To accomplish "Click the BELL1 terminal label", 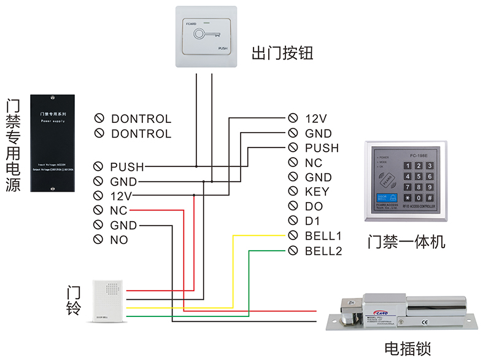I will coord(323,236).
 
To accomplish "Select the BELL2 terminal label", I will coord(323,251).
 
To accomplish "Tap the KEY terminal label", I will coord(317,192).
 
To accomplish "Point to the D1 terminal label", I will coord(314,221).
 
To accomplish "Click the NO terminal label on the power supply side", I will coord(119,240).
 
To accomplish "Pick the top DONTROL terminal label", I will coord(141,119).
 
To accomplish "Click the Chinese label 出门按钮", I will coord(282,53).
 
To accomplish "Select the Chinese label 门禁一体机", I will coord(406,241).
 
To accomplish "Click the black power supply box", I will coord(53,142).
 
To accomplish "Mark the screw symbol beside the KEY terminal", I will coord(293,192).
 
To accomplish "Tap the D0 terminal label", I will coord(314,206).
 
